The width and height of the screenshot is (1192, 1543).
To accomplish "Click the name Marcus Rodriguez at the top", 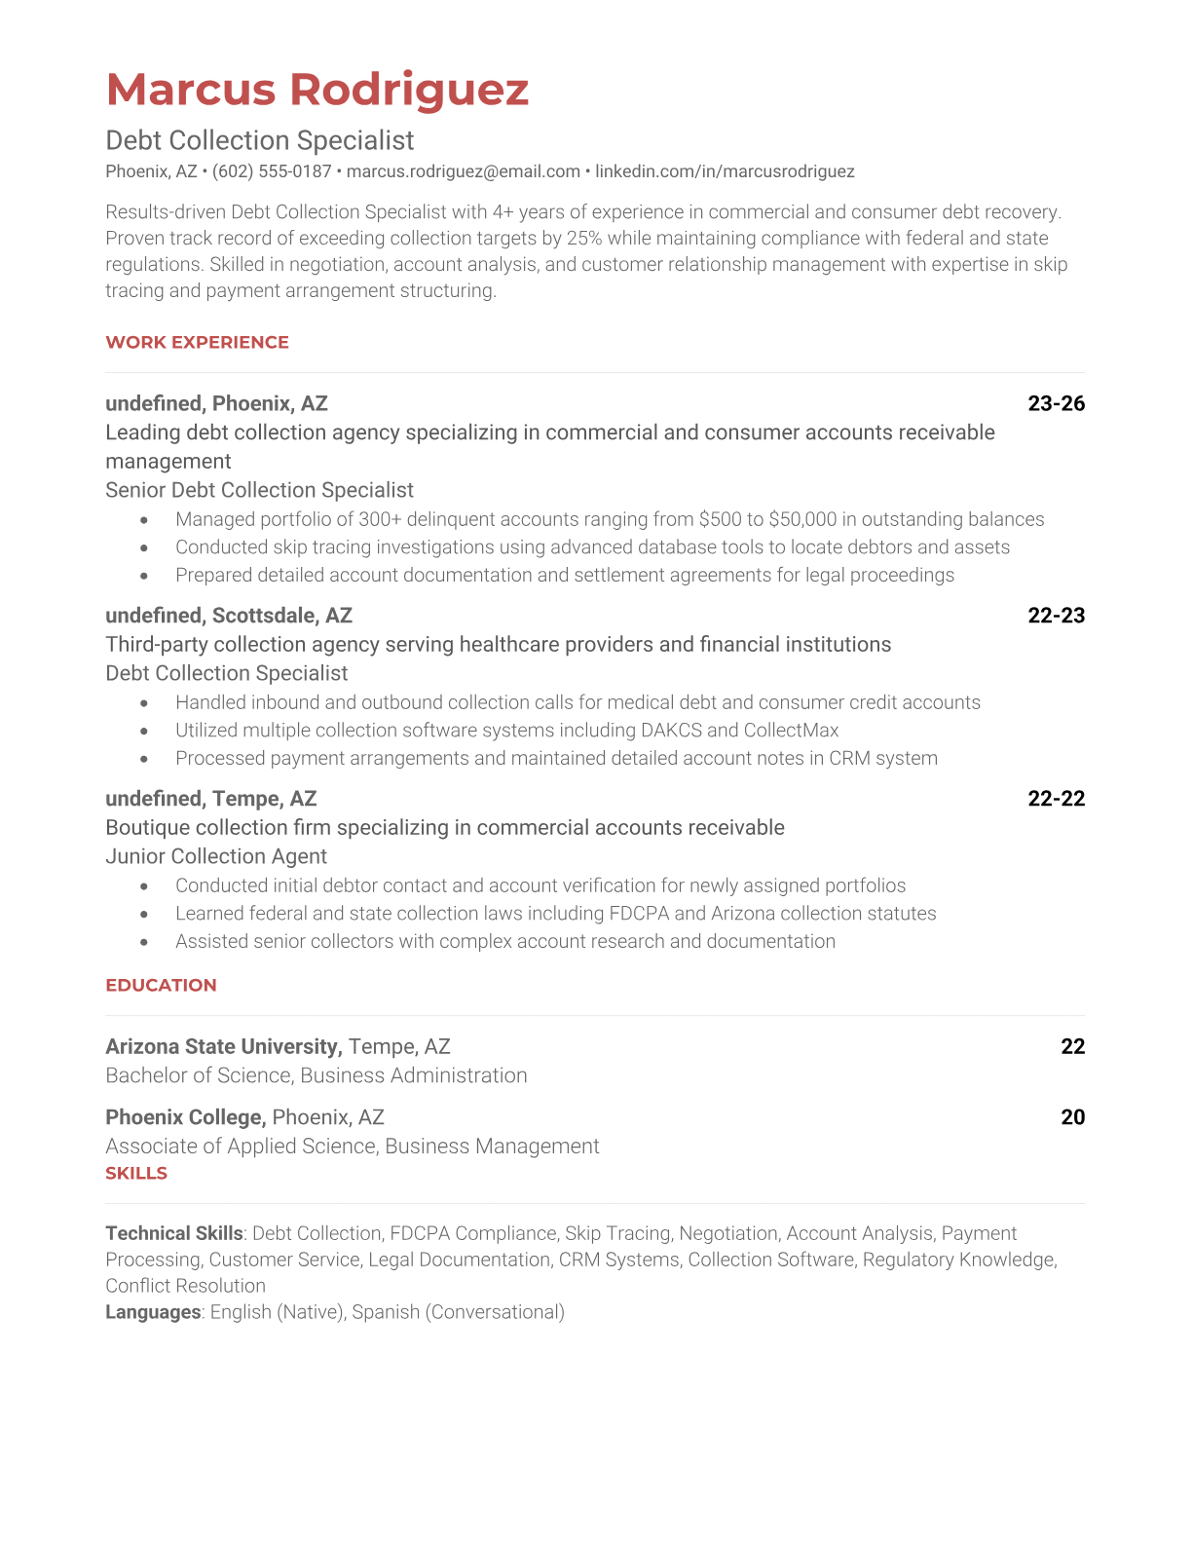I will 317,90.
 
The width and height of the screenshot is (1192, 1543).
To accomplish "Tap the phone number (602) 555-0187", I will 272,171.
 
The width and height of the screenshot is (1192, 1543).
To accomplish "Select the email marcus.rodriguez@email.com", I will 464,171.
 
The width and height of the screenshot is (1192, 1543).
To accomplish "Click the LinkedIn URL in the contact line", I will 725,171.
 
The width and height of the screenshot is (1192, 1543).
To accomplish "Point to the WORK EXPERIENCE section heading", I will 197,342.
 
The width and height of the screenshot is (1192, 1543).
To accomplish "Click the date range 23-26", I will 1056,403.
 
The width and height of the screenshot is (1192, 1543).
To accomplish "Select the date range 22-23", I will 1056,616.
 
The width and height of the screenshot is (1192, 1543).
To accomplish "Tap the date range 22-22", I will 1056,799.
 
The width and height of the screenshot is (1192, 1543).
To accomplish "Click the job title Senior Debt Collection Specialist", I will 259,490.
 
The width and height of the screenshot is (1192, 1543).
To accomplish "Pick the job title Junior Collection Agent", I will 216,856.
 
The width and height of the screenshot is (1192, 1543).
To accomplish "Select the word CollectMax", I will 791,731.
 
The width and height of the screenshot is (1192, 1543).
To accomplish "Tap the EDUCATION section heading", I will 161,985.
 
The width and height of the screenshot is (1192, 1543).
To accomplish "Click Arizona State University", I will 223,1046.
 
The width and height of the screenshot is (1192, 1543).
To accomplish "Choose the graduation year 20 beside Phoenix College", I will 1072,1117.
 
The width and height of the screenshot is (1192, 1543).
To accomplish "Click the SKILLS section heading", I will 136,1173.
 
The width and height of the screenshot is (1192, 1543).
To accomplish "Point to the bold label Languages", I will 153,1312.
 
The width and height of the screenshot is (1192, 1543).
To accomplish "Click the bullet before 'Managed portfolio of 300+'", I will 144,520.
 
